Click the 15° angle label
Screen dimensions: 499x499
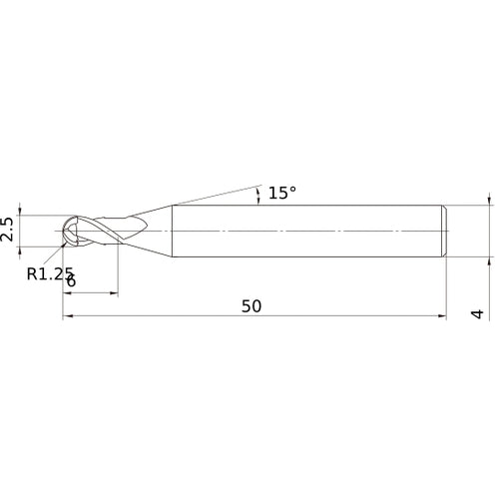pos(282,194)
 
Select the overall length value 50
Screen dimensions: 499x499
pos(251,306)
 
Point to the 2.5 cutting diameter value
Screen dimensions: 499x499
pos(9,230)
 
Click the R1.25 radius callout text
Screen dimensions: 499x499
pos(50,272)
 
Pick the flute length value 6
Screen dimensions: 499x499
pos(71,281)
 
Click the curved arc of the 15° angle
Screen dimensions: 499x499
pos(258,195)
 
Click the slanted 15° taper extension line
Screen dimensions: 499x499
pos(215,195)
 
